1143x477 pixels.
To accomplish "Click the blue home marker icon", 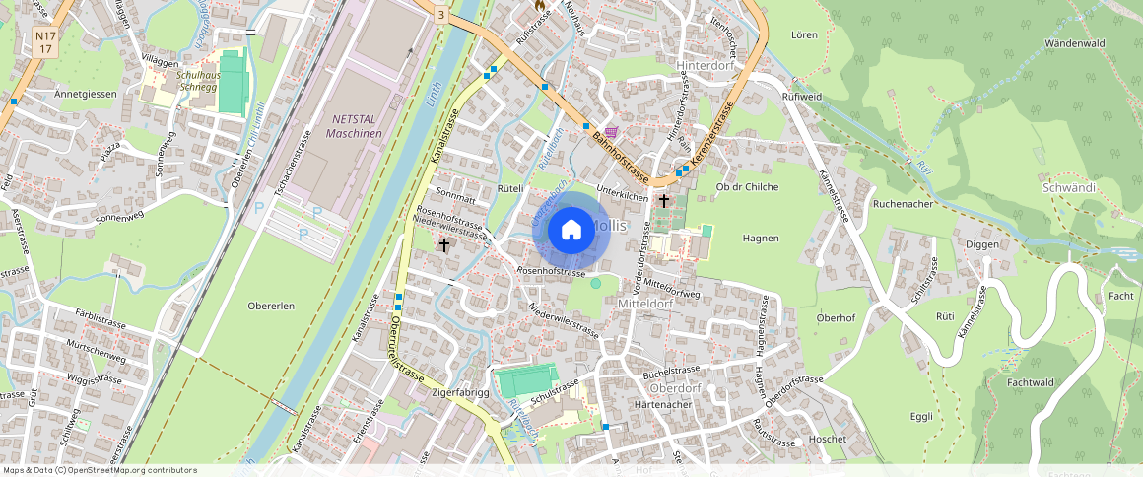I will click(571, 231).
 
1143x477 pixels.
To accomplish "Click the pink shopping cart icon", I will click(612, 132).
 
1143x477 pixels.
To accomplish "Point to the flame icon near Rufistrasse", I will click(540, 5).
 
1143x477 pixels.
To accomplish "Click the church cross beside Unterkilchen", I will click(664, 201).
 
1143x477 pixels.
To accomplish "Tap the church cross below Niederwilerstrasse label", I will click(443, 244).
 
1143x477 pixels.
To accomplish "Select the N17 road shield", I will click(44, 41).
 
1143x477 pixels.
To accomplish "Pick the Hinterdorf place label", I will click(707, 66).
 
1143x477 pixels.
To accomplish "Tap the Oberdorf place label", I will click(675, 387).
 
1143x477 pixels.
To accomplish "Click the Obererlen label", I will click(271, 306).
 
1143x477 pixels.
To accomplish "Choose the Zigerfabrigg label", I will click(460, 392).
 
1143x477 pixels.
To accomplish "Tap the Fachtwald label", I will click(1032, 381).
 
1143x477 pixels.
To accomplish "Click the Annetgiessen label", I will click(86, 94).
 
